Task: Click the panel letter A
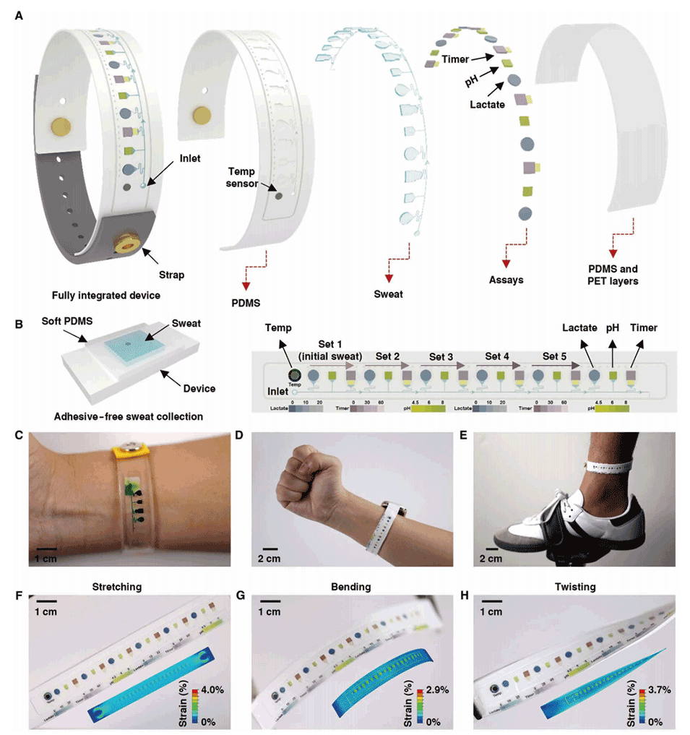pos(20,13)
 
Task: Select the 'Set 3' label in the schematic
pos(441,356)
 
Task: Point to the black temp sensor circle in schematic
pos(294,376)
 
